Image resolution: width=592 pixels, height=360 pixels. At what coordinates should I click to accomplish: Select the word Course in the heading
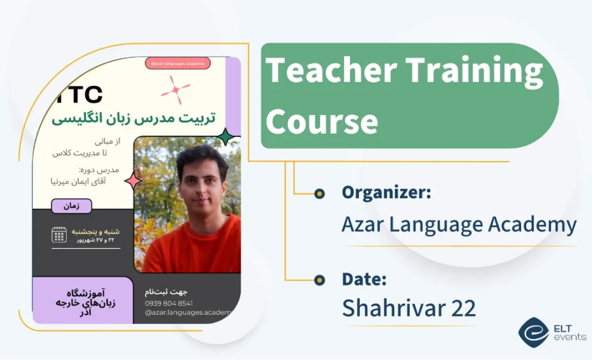click(321, 120)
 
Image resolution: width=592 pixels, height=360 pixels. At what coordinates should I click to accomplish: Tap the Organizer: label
click(386, 193)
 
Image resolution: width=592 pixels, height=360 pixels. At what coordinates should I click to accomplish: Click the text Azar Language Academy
click(459, 224)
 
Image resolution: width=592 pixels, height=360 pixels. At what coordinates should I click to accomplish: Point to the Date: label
click(364, 279)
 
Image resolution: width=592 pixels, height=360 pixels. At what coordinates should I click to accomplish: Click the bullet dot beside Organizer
click(320, 193)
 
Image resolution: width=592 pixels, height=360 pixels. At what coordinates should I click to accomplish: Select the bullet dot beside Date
click(320, 280)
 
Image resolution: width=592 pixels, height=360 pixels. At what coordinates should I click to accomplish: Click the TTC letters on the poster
click(80, 95)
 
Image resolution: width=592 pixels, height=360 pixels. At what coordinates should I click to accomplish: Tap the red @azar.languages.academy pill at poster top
click(177, 63)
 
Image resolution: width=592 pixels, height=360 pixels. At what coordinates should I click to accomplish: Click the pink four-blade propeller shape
click(175, 90)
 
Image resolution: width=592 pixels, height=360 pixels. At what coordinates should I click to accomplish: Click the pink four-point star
click(133, 181)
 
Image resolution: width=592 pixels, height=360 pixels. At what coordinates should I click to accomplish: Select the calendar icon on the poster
click(59, 234)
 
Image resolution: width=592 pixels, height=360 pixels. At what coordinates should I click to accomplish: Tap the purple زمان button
click(72, 206)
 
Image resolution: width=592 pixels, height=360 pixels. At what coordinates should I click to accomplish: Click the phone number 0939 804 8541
click(169, 303)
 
